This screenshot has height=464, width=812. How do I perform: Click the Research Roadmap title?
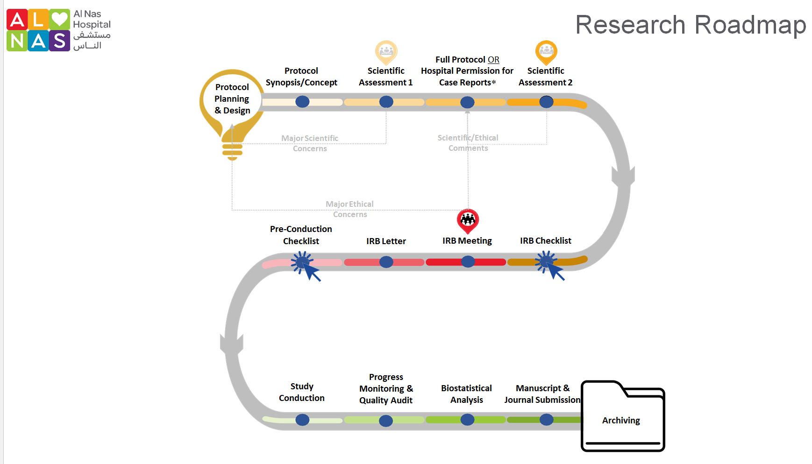coord(691,25)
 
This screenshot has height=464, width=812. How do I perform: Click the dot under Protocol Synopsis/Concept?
coord(302,102)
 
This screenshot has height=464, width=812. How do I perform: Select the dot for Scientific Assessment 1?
coord(386,102)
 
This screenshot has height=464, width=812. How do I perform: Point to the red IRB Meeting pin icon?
coord(468,220)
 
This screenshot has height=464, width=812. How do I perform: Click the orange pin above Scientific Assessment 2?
coord(546,51)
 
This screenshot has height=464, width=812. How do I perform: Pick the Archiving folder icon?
coord(622,416)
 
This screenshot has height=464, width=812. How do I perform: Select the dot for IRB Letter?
coord(386,262)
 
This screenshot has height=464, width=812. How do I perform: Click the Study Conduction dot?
coord(302,420)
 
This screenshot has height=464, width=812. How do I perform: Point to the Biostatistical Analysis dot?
coord(467,420)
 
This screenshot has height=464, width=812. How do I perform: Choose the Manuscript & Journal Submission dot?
coord(546,420)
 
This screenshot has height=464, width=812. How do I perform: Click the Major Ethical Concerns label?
coord(349,209)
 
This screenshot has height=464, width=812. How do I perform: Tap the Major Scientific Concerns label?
coord(310,143)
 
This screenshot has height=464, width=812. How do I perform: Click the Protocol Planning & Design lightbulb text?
coord(232,99)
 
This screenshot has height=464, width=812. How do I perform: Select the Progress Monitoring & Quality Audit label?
coord(386,388)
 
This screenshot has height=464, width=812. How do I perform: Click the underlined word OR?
coord(493,60)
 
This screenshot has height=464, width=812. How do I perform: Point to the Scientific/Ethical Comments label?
coord(468,143)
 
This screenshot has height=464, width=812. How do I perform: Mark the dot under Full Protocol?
coord(467,102)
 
